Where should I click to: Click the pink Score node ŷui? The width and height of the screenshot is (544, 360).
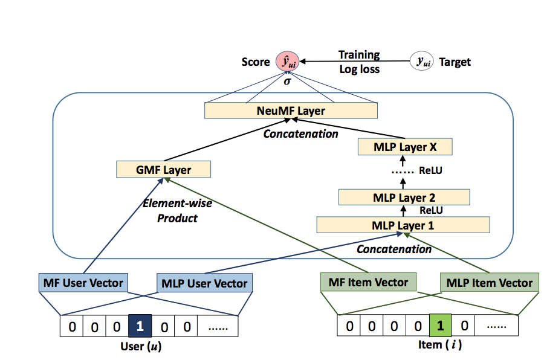288,61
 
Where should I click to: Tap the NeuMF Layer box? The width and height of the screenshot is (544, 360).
291,111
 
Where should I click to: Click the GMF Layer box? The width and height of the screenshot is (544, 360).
163,170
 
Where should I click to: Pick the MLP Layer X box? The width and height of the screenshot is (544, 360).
404,147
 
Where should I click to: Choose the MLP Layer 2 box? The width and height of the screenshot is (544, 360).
404,197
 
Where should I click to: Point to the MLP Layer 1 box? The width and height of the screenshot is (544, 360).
403,225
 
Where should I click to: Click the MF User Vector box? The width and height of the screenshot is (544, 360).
83,282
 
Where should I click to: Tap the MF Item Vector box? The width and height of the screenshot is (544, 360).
368,281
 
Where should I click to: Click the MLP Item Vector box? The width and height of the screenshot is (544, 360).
490,283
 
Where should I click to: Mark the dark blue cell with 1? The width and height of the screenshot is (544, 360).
140,327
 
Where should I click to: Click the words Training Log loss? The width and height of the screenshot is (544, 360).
359,62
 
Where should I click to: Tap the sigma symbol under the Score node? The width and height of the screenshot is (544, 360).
288,80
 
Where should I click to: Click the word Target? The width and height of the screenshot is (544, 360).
455,62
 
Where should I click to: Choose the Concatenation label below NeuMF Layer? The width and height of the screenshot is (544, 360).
300,133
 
